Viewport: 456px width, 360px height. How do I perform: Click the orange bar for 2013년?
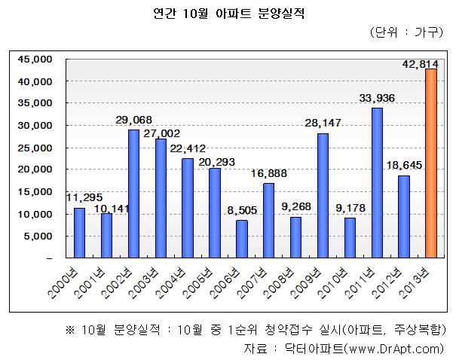pos(431,163)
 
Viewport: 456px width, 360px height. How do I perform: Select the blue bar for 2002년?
pos(133,194)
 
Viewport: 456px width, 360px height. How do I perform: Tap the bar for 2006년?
pos(242,239)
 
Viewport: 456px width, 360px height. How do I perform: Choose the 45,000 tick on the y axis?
pos(35,59)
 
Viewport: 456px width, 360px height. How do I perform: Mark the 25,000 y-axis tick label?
pos(35,148)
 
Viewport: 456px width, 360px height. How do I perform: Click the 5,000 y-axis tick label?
pos(38,236)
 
